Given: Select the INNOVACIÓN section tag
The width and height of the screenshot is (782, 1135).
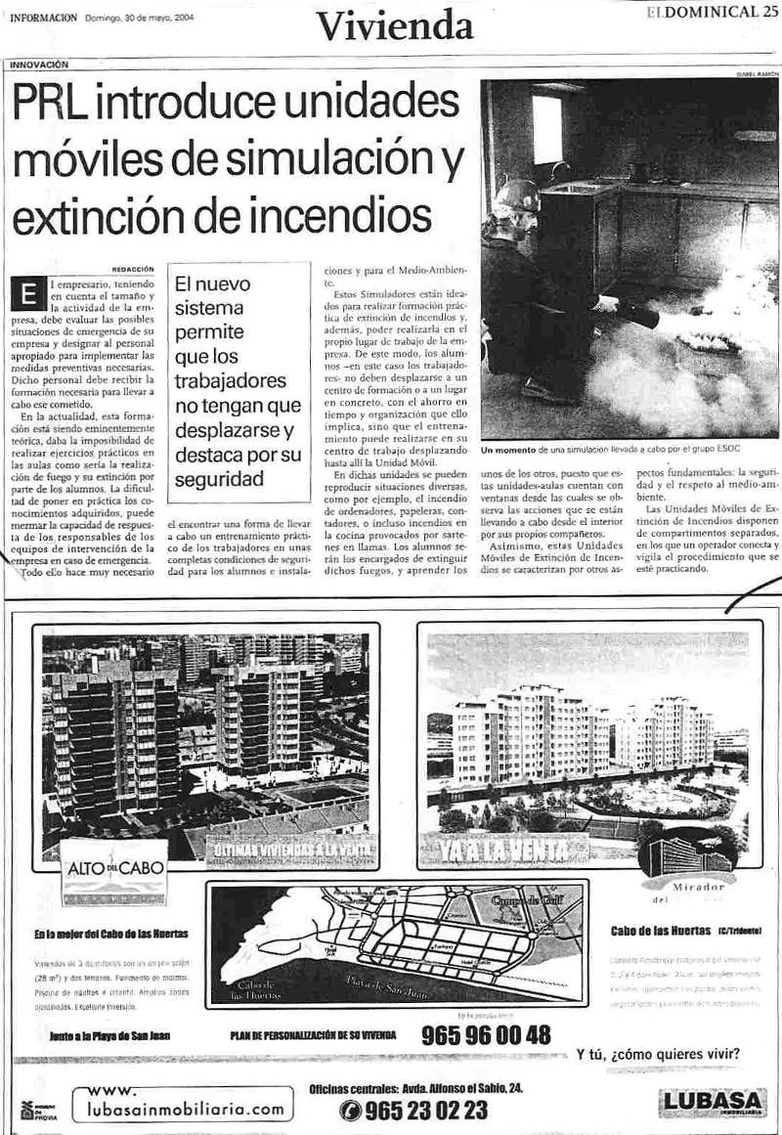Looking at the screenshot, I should point(40,65).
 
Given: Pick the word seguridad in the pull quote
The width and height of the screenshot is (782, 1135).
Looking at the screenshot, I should point(220,479).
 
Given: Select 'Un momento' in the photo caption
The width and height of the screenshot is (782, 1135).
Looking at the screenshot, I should point(507,451).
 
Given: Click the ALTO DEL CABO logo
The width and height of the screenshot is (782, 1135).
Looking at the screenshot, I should point(114,868).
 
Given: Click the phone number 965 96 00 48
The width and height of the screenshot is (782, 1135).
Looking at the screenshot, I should point(486,1034).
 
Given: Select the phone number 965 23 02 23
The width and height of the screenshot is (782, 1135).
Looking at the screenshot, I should point(425,1110).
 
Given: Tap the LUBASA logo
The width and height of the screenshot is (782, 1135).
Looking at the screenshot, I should point(712,1103).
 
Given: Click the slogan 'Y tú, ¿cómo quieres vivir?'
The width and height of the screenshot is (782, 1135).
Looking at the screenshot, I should point(658,1054).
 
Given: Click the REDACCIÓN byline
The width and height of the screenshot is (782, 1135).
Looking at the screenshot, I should point(134,268).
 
